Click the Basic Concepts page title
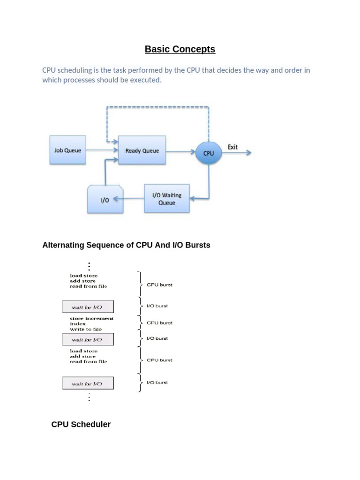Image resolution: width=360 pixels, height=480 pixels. tap(180, 49)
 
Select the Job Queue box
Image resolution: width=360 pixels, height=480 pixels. tap(67, 150)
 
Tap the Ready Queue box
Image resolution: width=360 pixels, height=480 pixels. tap(142, 150)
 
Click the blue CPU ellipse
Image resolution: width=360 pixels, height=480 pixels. tap(209, 153)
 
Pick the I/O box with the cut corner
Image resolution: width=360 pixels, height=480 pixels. tap(105, 199)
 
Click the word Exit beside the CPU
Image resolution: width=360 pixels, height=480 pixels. tap(232, 147)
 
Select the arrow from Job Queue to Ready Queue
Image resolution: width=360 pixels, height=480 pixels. tap(102, 150)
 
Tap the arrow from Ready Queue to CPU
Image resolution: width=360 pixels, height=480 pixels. tap(181, 151)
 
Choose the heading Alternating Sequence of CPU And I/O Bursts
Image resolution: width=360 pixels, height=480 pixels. tap(126, 245)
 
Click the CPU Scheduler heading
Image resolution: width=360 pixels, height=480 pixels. tap(81, 424)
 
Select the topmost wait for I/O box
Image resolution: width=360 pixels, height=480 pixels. tap(88, 307)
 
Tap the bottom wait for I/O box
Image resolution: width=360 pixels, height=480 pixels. tap(88, 383)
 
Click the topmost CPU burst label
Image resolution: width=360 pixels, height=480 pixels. tap(159, 285)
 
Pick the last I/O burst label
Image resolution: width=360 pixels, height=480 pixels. tap(157, 382)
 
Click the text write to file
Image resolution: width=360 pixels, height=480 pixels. tap(85, 329)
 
